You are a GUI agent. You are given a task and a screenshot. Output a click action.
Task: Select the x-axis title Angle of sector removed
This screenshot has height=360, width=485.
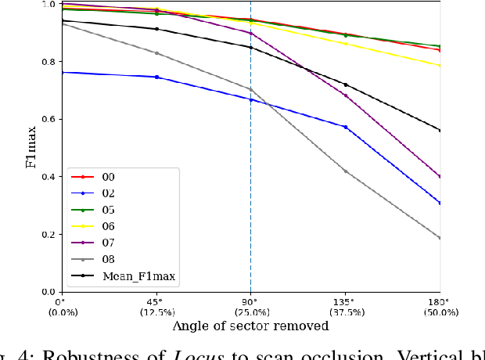tap(250, 326)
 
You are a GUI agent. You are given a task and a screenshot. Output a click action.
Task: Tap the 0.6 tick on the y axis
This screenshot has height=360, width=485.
tap(47, 119)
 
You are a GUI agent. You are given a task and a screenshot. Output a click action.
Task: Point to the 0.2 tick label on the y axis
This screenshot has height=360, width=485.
tap(47, 235)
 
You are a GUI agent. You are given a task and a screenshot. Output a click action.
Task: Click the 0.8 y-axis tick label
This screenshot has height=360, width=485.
tap(47, 62)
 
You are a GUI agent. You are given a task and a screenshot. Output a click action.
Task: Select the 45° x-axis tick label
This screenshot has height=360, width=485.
tap(155, 302)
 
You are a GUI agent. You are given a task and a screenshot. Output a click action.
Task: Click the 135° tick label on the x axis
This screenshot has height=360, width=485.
tap(345, 302)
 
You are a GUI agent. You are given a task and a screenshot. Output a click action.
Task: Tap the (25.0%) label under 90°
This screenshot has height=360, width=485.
tap(250, 312)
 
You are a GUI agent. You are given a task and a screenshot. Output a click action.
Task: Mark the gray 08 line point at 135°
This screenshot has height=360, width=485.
tap(345, 171)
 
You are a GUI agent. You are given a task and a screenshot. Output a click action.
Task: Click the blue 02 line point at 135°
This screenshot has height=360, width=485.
tap(345, 127)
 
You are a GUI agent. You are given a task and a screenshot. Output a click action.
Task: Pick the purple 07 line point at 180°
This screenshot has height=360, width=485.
tap(440, 177)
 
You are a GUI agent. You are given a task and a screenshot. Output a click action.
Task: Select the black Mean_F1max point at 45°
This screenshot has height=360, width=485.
tap(156, 29)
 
